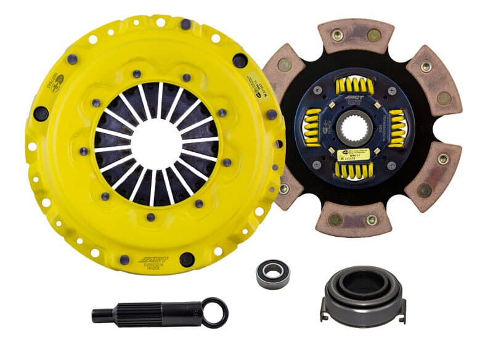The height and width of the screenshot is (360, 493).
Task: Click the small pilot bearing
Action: [272, 272]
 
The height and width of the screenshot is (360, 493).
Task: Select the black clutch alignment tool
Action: [154, 313]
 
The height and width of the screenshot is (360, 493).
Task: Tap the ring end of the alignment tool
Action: [216, 312]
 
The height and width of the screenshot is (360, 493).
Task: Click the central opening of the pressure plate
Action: [156, 144]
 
